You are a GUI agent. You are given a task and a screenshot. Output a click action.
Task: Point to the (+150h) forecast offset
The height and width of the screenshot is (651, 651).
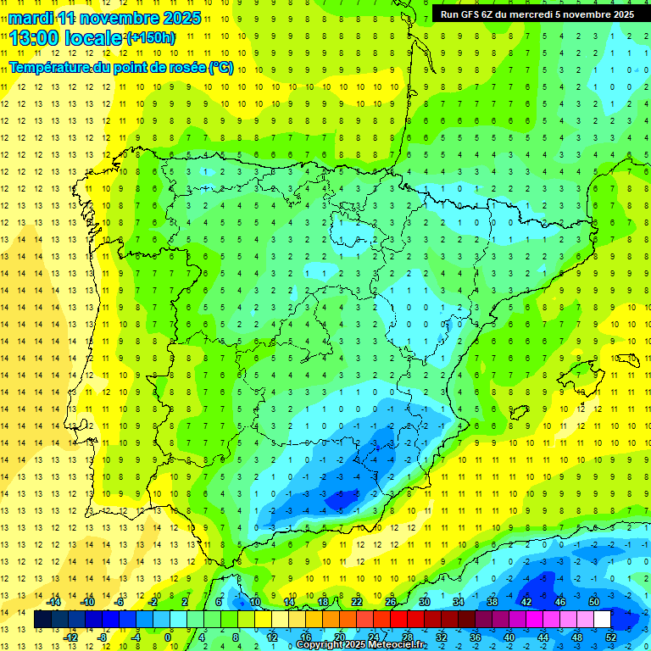coord(151,38)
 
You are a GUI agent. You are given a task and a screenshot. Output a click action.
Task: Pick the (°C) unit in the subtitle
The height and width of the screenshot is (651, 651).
coord(221,67)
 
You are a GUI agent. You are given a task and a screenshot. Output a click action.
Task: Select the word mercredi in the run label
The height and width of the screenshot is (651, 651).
coord(548,14)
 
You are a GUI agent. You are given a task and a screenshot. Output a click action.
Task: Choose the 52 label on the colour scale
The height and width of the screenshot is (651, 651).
coord(612,637)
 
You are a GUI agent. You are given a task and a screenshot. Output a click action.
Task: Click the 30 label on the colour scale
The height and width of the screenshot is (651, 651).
coord(425,602)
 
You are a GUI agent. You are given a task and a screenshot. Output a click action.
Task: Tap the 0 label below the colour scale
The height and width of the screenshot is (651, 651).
coord(169,637)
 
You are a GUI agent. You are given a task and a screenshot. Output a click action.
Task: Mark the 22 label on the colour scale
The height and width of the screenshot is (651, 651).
coord(357,602)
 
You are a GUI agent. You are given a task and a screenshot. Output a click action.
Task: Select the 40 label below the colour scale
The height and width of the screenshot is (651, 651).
coord(509,637)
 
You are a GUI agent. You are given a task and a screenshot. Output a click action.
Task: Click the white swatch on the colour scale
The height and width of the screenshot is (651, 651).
coord(602,620)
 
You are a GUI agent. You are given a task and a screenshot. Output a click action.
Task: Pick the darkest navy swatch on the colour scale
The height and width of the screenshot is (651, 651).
coord(43,620)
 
